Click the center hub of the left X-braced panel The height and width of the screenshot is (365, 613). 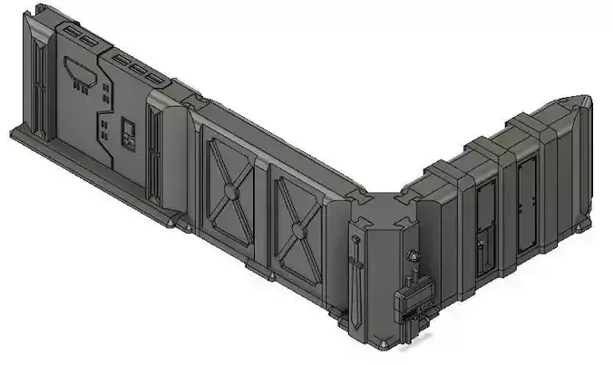click(232, 191)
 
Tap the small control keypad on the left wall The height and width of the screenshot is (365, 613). click(128, 133)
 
